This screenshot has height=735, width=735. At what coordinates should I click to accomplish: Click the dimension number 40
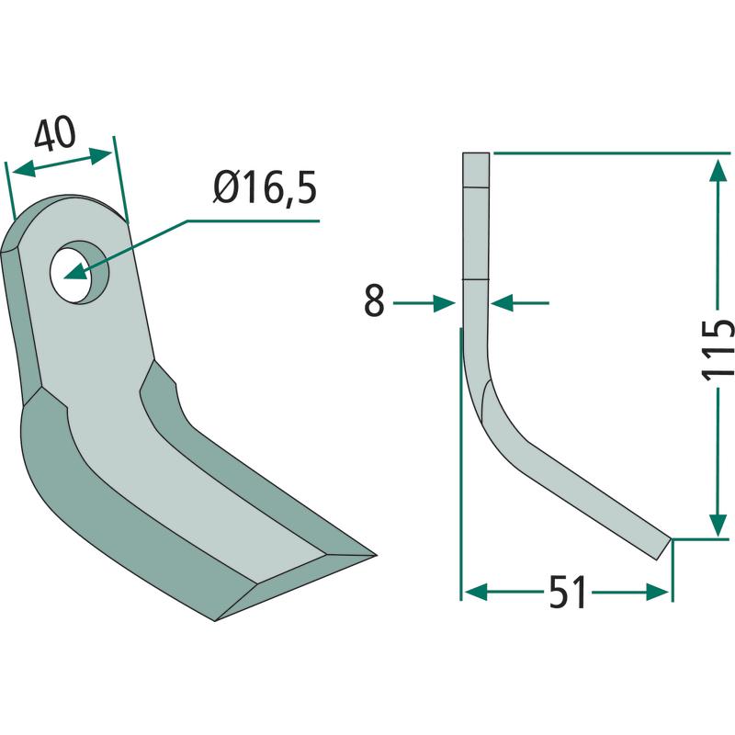(55, 134)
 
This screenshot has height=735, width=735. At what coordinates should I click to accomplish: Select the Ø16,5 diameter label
(265, 188)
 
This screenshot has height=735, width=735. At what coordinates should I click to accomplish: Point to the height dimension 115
(718, 350)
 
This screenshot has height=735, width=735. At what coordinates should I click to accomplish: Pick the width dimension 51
(568, 592)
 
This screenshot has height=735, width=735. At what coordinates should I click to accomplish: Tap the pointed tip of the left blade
(376, 556)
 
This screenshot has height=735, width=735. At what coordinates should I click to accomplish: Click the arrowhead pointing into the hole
(75, 273)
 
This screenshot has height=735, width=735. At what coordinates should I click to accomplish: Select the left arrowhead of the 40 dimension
(23, 169)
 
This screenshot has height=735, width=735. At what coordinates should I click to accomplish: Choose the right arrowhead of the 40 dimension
(100, 155)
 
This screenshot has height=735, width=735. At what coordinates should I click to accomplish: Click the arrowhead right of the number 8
(444, 303)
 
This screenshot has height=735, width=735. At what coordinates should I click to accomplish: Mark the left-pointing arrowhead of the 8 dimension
(503, 303)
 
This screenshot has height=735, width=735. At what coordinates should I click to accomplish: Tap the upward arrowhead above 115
(718, 170)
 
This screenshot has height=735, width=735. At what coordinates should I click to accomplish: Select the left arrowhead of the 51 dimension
(477, 592)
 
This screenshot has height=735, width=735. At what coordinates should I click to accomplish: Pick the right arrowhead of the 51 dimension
(657, 592)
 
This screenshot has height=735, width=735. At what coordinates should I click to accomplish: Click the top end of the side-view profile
(476, 153)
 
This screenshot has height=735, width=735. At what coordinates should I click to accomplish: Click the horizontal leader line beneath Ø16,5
(254, 220)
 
